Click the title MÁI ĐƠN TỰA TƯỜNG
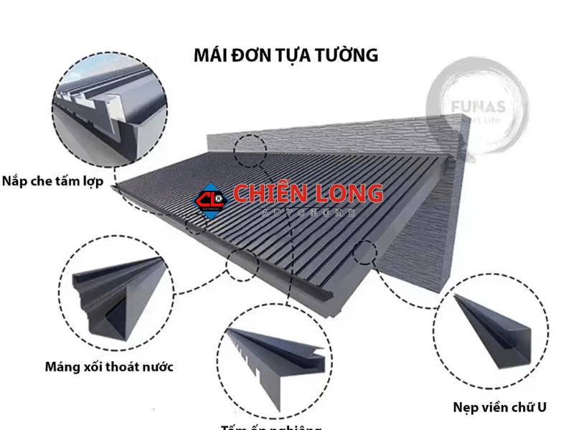click(286, 55)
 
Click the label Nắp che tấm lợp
click(52, 181)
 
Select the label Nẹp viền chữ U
click(499, 407)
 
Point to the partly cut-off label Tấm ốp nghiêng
click(271, 426)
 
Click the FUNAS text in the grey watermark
click(478, 107)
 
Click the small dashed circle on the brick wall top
click(250, 150)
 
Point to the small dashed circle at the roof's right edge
click(365, 252)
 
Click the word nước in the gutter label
click(156, 368)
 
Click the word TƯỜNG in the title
click(348, 55)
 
